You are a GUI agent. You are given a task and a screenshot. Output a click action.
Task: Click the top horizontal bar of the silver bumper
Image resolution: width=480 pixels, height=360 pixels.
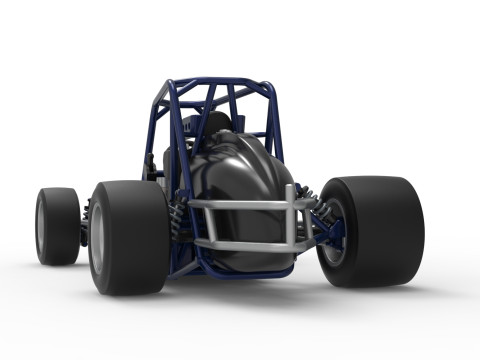point(240,203)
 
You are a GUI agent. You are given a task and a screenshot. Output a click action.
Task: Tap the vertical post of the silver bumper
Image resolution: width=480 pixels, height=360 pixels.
point(290,222)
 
